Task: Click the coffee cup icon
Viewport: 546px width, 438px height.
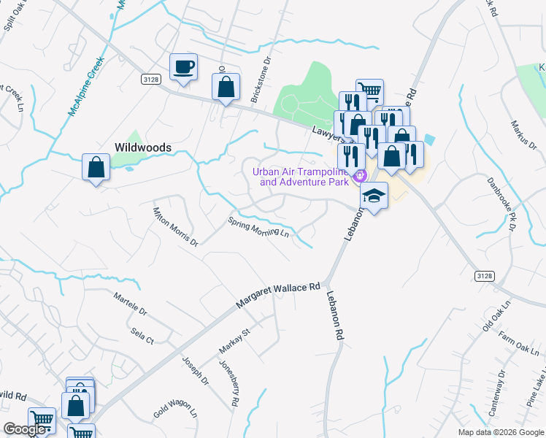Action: (x=183, y=67)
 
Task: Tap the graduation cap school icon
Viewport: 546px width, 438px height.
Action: (x=374, y=196)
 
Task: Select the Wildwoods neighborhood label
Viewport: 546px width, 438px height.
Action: (x=142, y=147)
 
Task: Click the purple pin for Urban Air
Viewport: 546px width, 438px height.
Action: (x=358, y=176)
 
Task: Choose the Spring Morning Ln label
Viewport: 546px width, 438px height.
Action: (x=258, y=228)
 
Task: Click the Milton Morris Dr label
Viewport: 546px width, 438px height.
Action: (x=175, y=226)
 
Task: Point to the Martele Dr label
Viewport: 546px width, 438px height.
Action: (x=130, y=305)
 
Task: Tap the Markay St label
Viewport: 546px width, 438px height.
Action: (x=235, y=342)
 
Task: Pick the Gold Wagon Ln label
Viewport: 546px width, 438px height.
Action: (x=175, y=408)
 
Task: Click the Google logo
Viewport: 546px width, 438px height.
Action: (x=26, y=429)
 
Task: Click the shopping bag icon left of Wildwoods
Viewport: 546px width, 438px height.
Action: (x=96, y=167)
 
